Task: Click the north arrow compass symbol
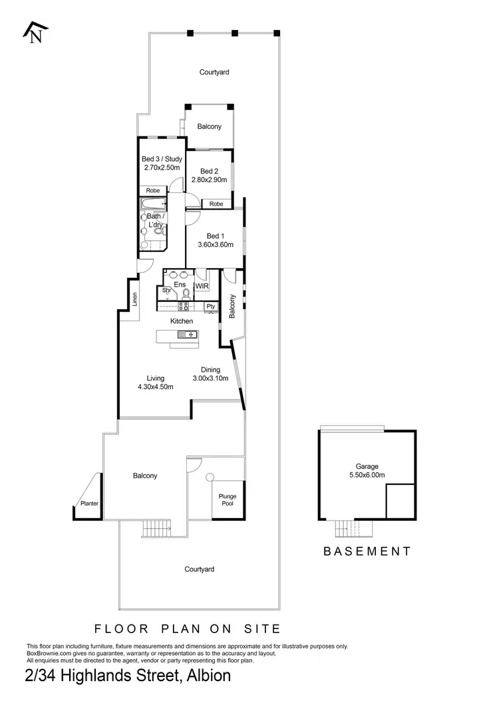click(x=35, y=32)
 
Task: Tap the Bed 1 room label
click(x=213, y=235)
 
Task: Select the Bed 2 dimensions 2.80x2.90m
click(x=209, y=180)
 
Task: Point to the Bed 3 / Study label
click(x=162, y=159)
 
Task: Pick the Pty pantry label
click(x=211, y=306)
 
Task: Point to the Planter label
click(x=90, y=503)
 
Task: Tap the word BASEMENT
click(x=367, y=551)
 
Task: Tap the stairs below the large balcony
click(x=158, y=529)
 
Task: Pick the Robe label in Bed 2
click(x=216, y=204)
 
